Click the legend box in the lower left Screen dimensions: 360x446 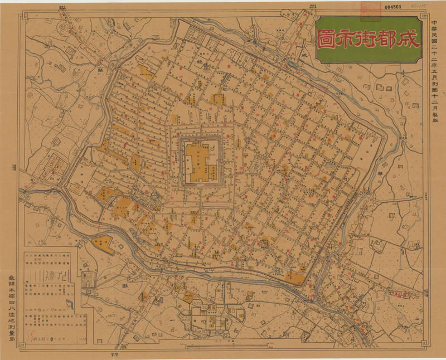[50, 293]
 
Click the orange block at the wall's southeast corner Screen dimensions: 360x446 [295, 277]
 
